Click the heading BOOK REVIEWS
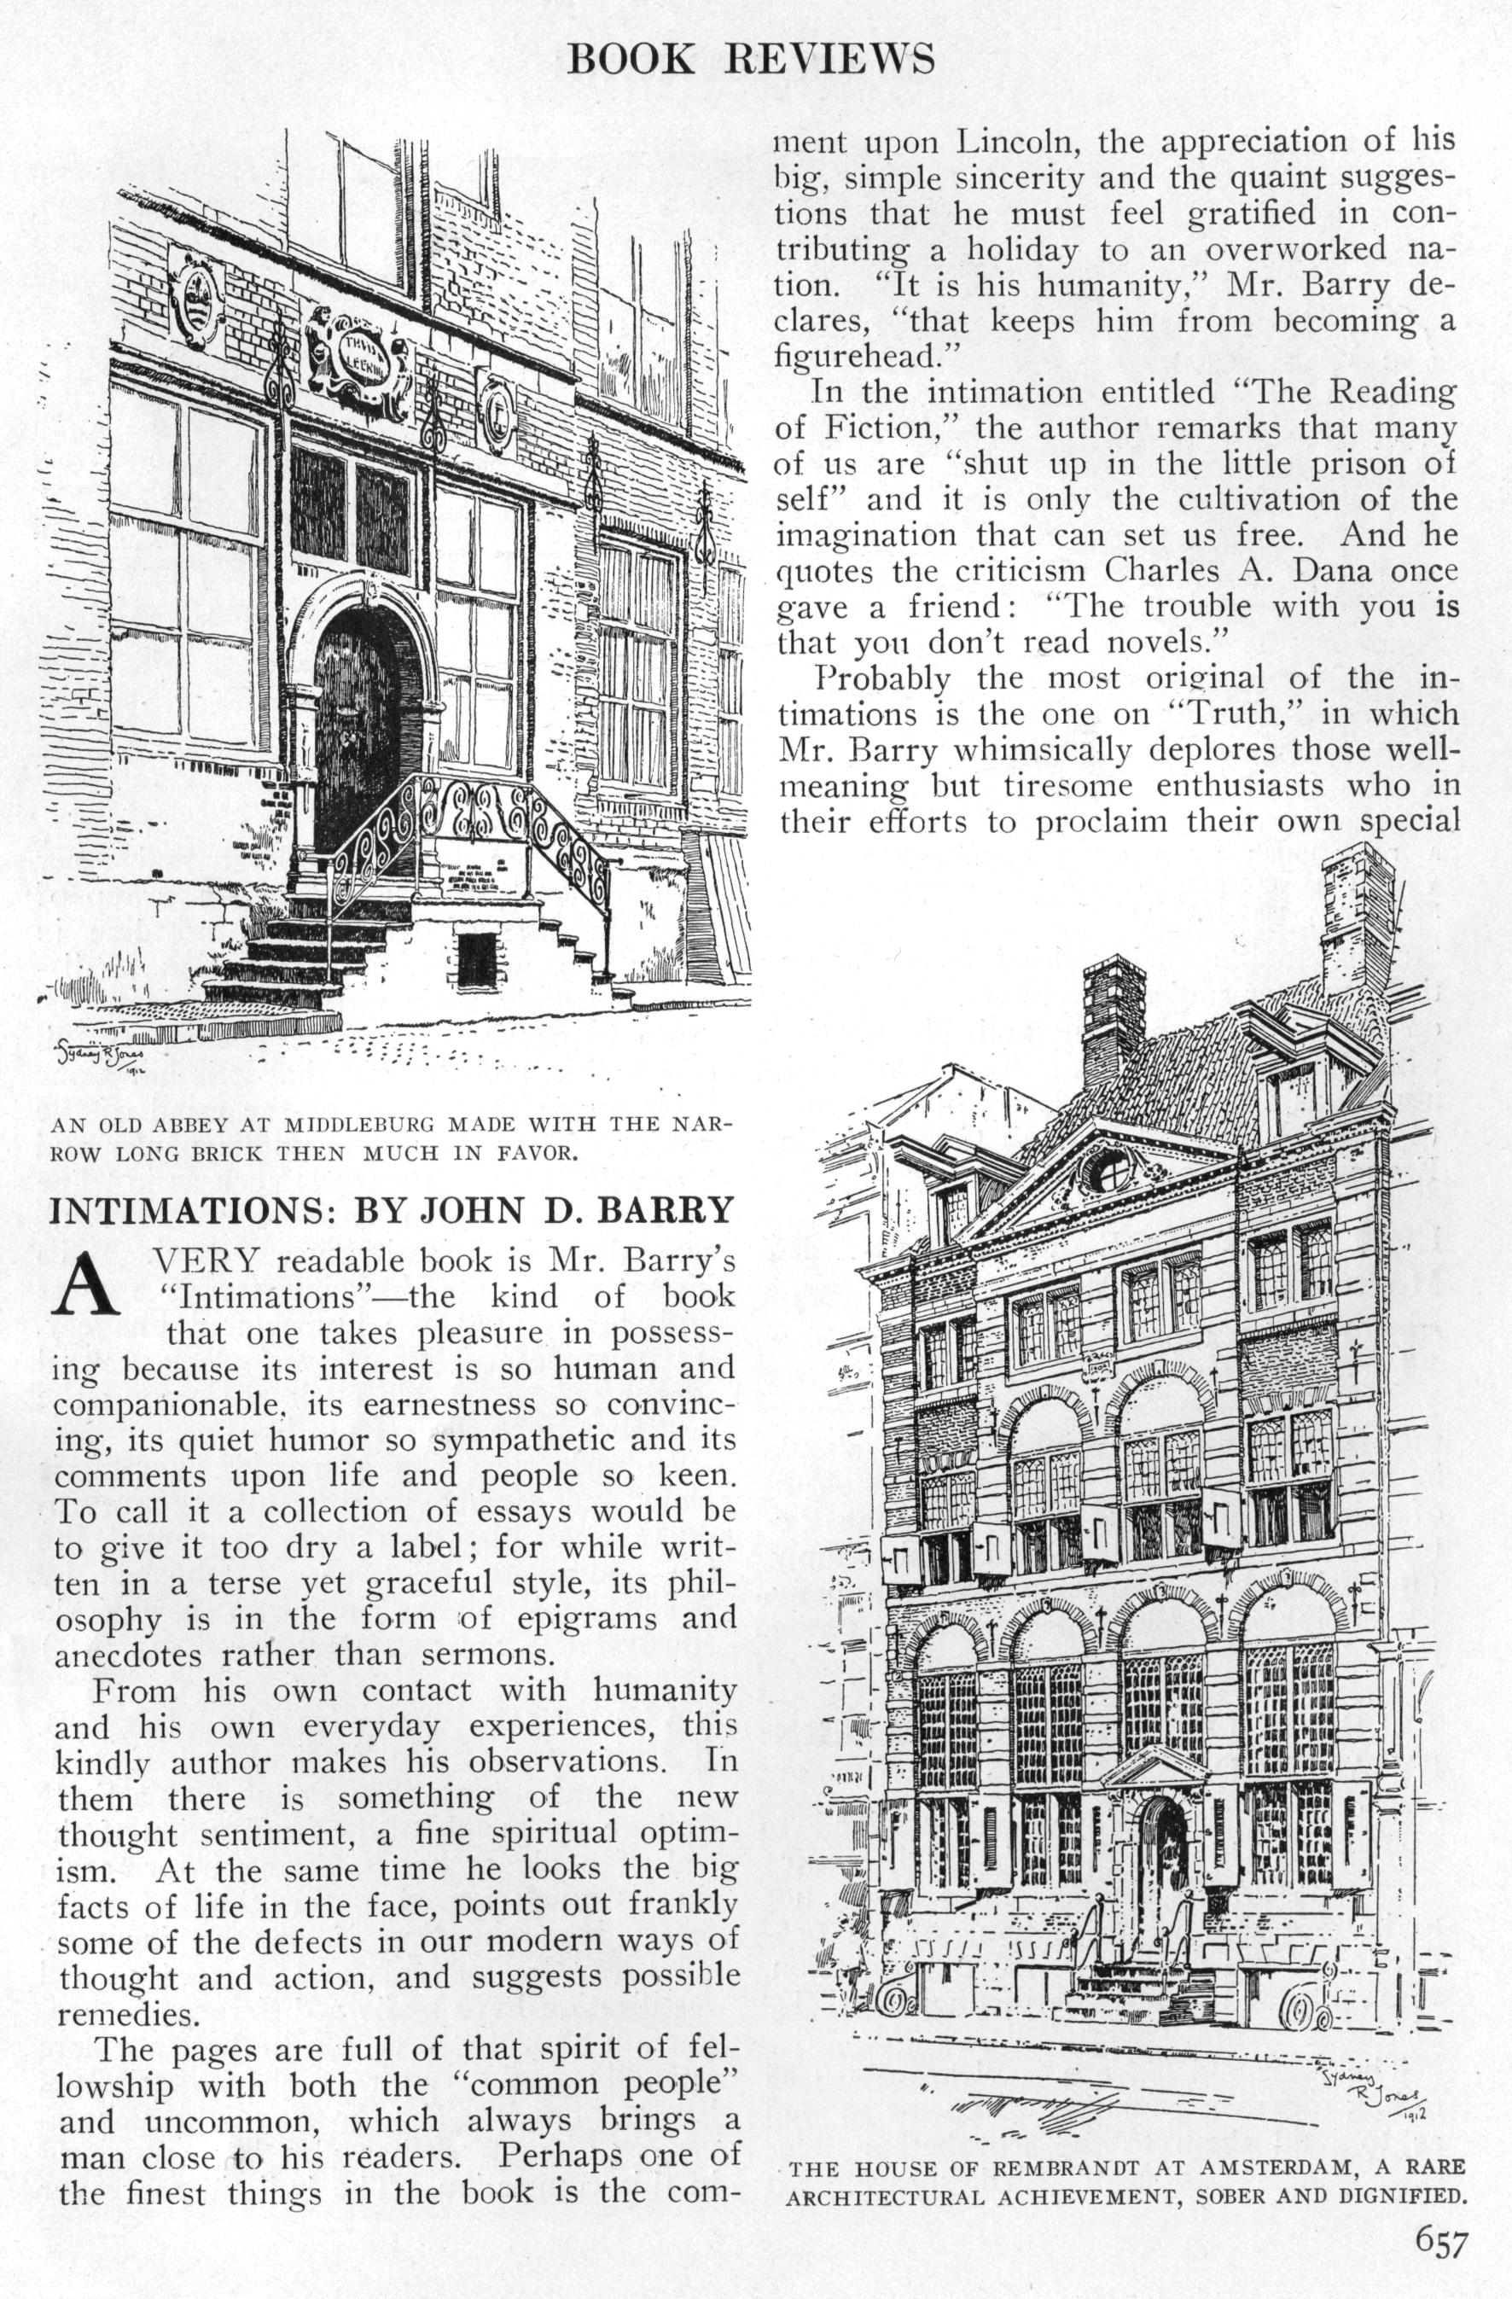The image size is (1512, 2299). point(751,60)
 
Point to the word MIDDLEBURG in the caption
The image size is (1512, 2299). point(358,1125)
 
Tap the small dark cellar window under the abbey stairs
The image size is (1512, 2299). point(476,959)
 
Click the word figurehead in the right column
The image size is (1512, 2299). point(856,357)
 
